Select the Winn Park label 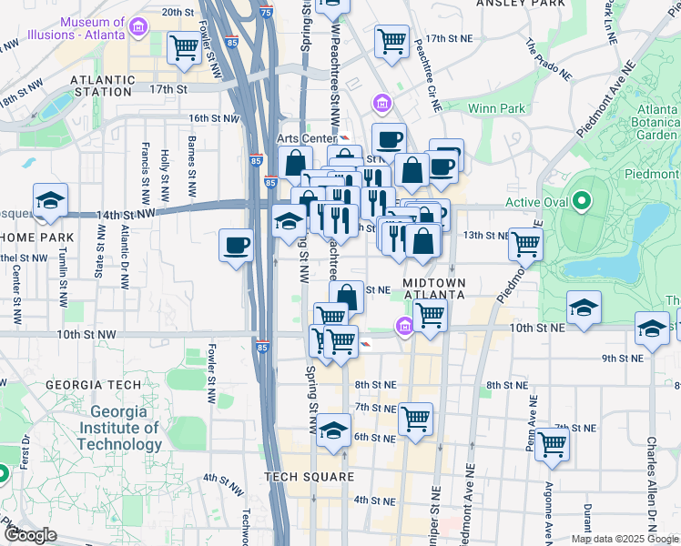click(496, 109)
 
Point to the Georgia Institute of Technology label click(118, 428)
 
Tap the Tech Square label click(309, 477)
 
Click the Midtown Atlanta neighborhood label click(435, 288)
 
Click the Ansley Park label click(517, 4)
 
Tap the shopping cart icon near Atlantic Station click(184, 47)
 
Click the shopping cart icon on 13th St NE click(525, 243)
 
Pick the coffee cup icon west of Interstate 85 click(237, 245)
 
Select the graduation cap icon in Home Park click(50, 200)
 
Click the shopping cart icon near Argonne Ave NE click(552, 444)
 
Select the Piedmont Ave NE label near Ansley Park click(605, 98)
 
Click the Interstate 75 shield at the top click(264, 12)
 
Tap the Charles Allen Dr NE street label click(652, 482)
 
